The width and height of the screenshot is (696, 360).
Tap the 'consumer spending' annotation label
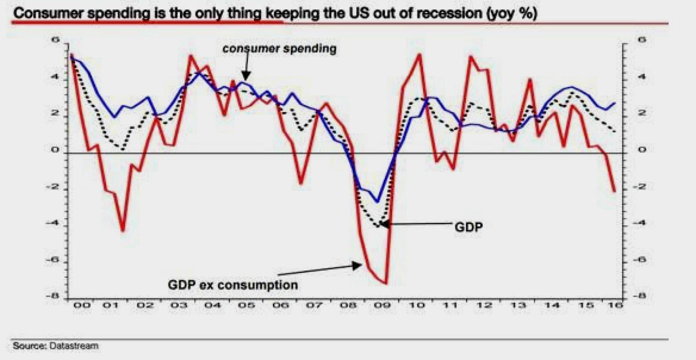tap(279, 49)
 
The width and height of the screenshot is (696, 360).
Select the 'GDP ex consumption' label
tap(233, 284)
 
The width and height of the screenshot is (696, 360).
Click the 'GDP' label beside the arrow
tap(468, 227)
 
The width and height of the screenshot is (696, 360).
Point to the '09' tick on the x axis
tap(382, 305)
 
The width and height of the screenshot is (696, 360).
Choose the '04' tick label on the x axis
tap(213, 305)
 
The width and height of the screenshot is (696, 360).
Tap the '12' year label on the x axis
tap(484, 305)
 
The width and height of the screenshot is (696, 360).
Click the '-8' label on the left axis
tap(53, 296)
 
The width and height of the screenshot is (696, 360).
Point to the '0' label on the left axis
tap(55, 150)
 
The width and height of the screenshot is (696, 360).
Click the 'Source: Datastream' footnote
tap(55, 346)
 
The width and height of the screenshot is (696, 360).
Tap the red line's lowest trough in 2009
tap(386, 283)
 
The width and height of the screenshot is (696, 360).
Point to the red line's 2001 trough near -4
tap(122, 231)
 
